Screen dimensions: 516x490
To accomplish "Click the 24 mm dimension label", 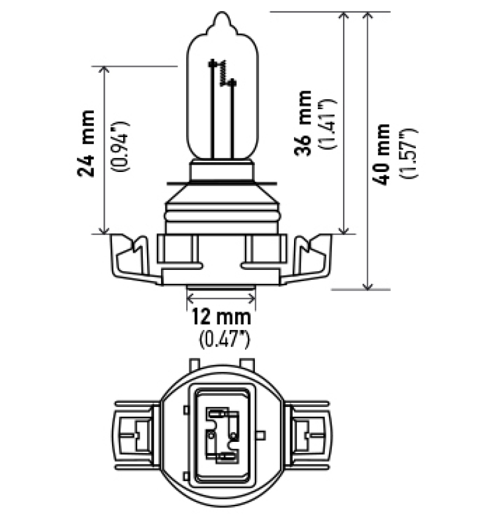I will point(87,144).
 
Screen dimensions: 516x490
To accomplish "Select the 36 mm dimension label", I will point(303,123).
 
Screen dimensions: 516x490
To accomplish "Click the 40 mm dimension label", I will point(384,154).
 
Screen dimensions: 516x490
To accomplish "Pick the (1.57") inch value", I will point(409,154).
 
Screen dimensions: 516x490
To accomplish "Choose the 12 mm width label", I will point(221,317).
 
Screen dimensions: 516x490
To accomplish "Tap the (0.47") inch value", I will point(221,336).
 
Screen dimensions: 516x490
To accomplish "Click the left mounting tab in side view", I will point(131,257).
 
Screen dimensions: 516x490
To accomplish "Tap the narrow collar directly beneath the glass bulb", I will point(221,169).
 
